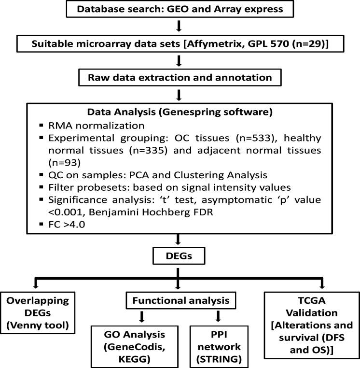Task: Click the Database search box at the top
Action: coord(180,10)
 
